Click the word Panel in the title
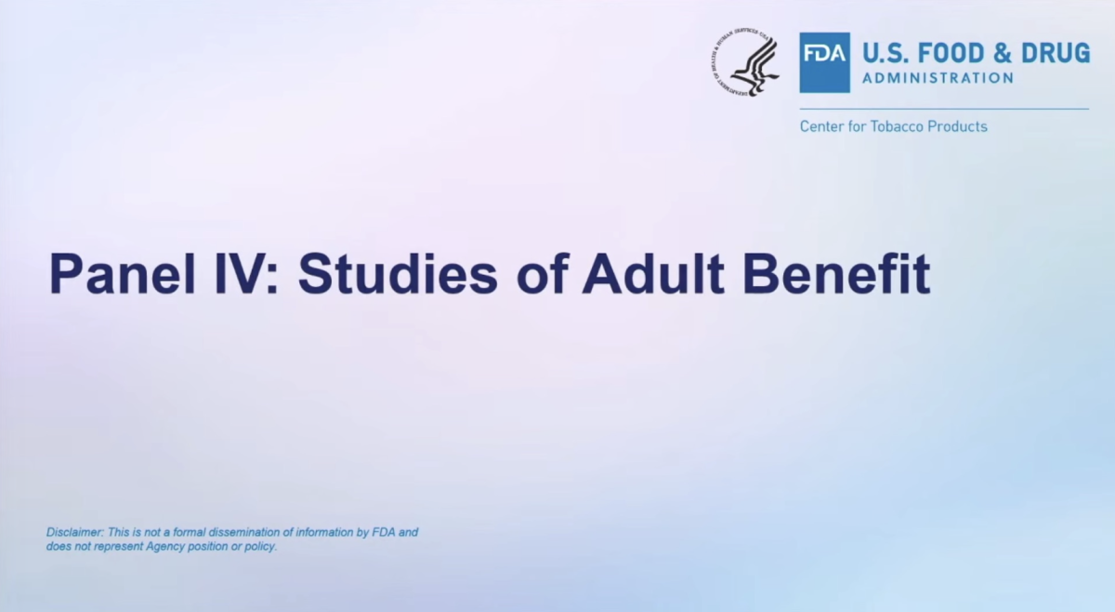pos(123,274)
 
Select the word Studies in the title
pos(398,274)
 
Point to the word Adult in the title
pos(653,274)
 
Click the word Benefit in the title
pos(836,274)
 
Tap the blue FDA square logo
pos(825,63)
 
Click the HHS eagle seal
pos(745,62)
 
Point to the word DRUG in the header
pos(1056,53)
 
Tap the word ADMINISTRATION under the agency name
pos(938,78)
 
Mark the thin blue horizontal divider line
pos(944,109)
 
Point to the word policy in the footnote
pos(260,547)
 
